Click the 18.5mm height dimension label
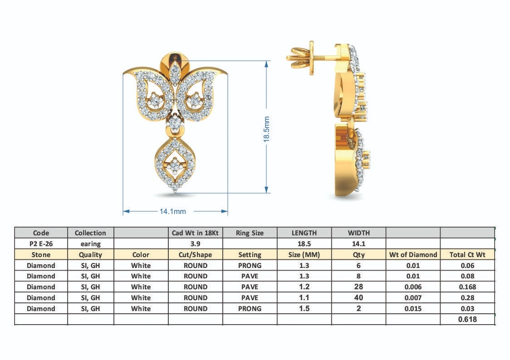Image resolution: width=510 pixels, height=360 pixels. (x=266, y=129)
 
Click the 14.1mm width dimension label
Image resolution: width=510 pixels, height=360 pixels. (x=173, y=212)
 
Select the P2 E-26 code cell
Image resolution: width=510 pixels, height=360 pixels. (x=41, y=243)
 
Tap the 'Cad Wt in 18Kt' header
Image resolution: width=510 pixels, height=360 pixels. (x=195, y=233)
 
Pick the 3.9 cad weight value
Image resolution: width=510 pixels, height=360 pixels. (x=195, y=243)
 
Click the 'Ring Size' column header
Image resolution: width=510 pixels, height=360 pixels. (x=250, y=233)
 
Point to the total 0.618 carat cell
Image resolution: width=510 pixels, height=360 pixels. (x=467, y=319)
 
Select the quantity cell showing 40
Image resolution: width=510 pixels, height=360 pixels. (x=358, y=297)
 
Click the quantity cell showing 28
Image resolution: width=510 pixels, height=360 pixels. (x=358, y=287)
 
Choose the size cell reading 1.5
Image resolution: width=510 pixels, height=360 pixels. (x=304, y=308)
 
